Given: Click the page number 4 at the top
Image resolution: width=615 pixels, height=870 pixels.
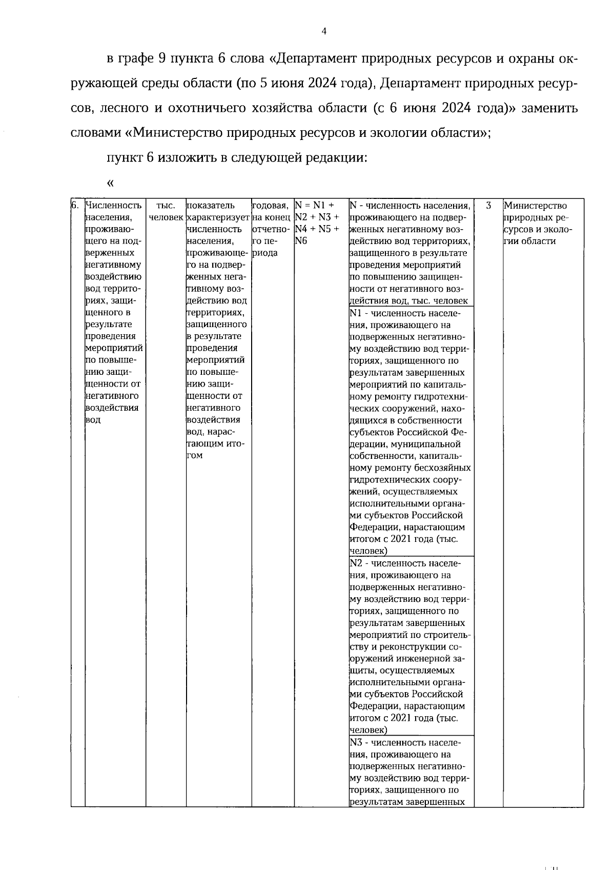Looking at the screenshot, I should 323,32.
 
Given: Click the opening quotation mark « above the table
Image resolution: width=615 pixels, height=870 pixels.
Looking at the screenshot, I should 110,183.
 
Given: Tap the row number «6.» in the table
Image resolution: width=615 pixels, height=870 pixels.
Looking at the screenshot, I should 75,206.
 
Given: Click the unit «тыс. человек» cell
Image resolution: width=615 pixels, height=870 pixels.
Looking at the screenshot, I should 165,211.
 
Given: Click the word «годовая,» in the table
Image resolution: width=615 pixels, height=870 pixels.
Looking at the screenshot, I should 272,206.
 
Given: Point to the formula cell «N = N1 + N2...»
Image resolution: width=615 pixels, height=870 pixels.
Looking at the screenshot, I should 318,224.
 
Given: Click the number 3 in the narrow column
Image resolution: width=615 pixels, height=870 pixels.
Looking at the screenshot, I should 488,206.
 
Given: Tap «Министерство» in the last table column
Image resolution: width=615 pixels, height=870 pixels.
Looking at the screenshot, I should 535,206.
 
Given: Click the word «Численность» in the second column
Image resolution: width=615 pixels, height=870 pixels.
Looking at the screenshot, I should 113,206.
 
